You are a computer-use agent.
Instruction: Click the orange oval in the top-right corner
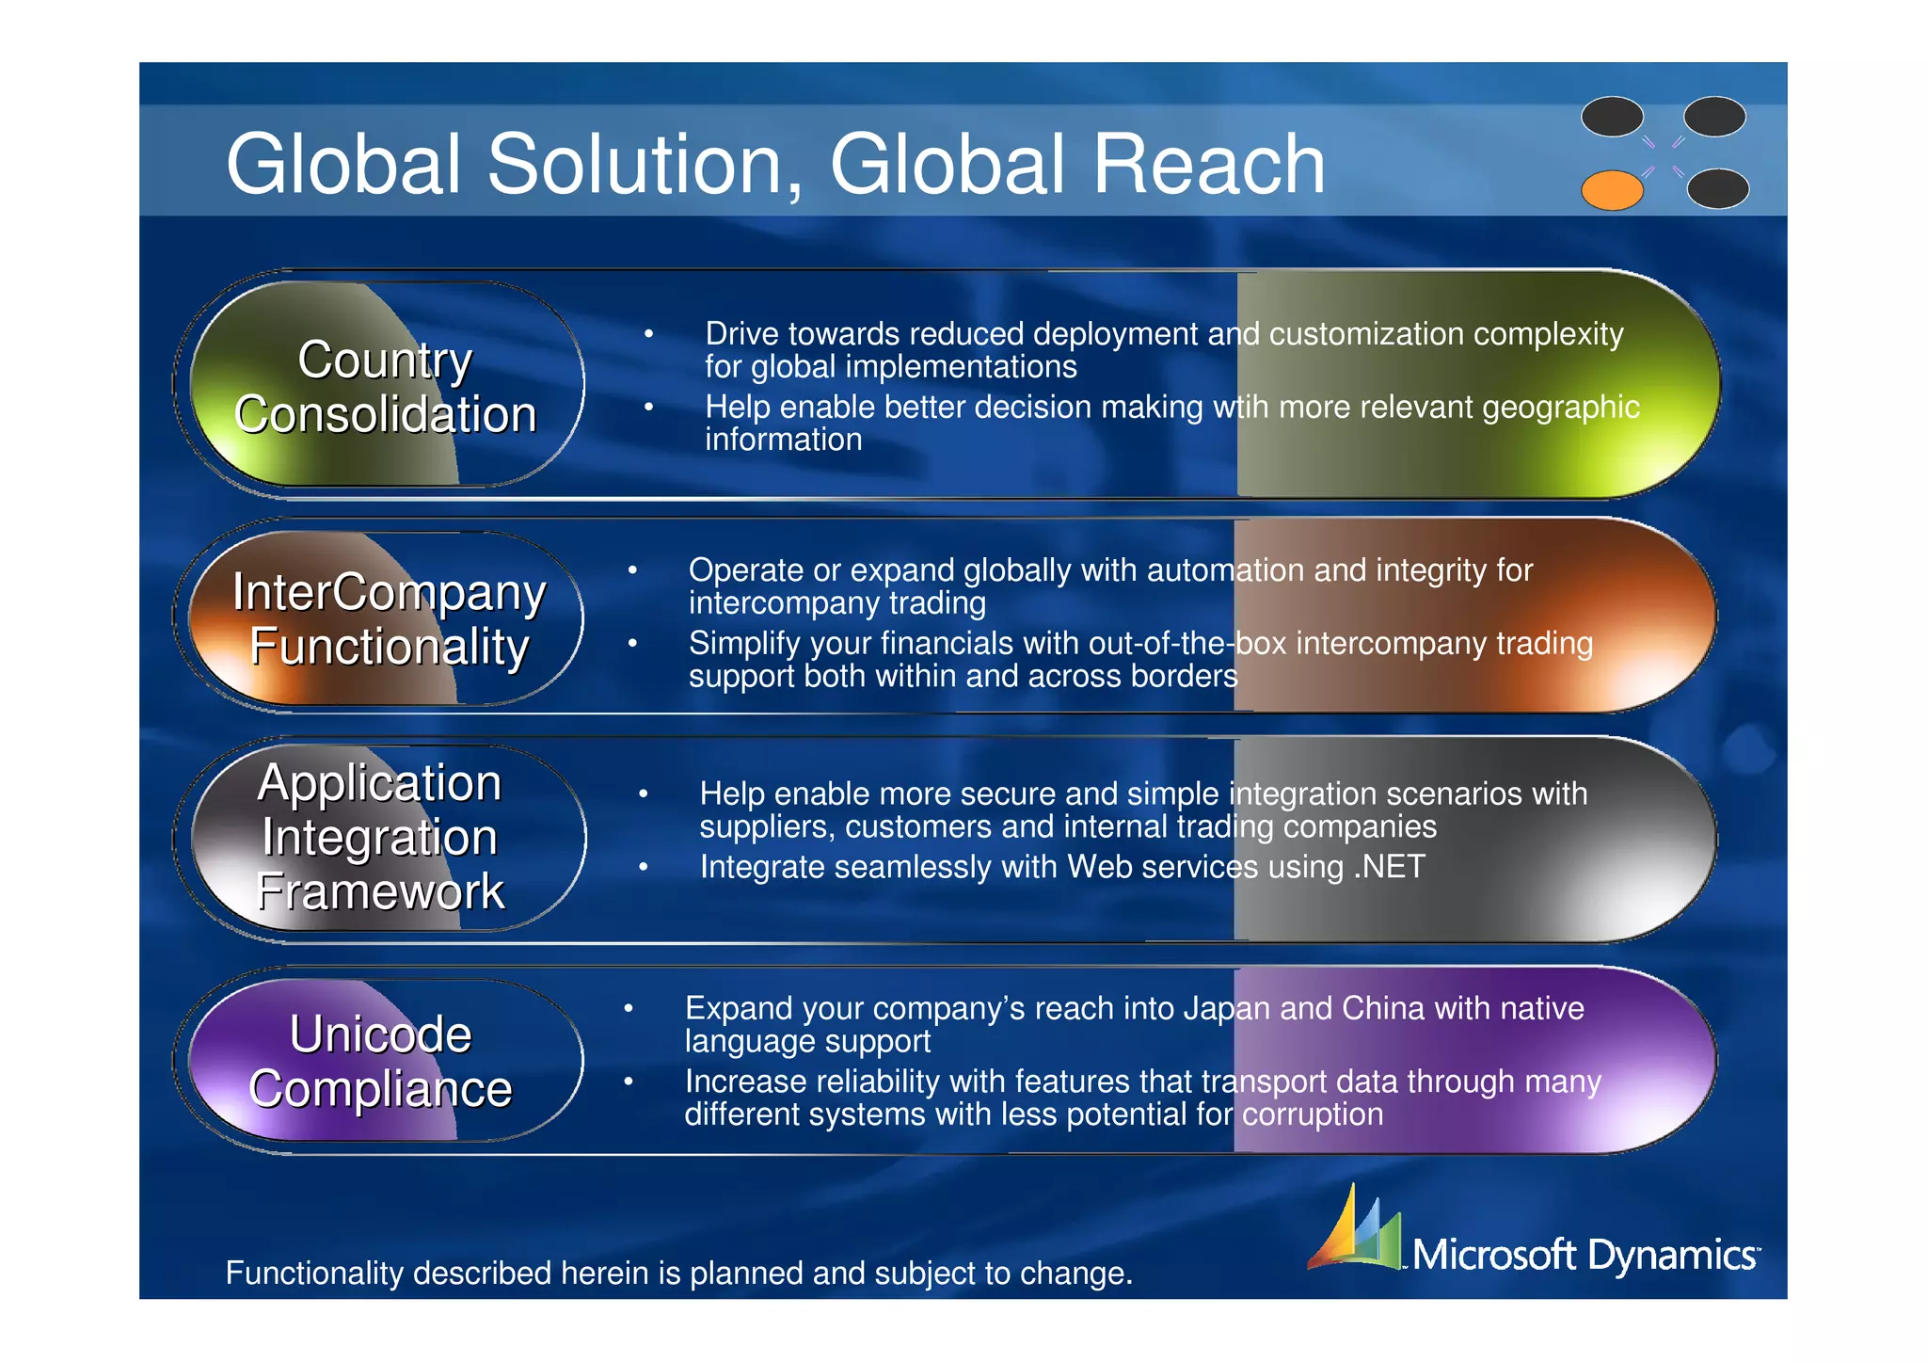point(1612,190)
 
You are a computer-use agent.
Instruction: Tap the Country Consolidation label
point(385,387)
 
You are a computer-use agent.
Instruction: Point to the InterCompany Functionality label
point(388,619)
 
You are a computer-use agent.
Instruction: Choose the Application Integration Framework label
point(380,837)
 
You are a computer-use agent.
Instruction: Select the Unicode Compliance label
point(380,1061)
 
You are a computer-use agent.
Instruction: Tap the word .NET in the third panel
point(1389,866)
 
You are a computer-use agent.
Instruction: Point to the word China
point(1382,1008)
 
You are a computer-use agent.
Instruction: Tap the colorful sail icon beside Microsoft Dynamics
point(1355,1228)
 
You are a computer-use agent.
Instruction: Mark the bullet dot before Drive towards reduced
point(648,333)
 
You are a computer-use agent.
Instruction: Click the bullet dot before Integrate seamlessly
point(644,866)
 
